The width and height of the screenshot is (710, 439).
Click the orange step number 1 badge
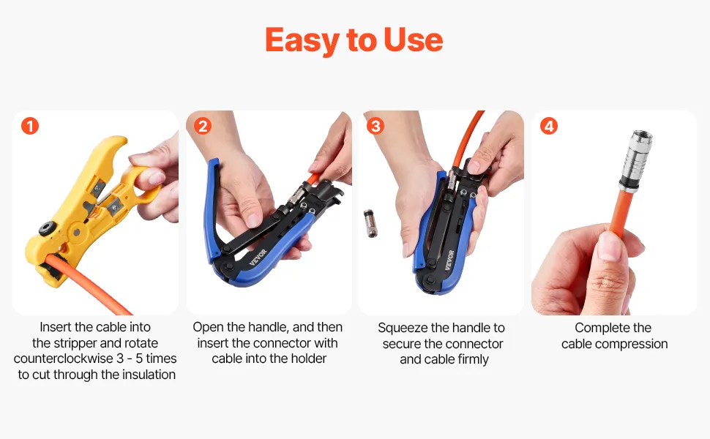tap(30, 126)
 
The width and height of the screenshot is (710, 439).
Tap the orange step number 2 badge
tap(203, 126)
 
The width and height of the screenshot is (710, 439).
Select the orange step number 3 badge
tap(375, 126)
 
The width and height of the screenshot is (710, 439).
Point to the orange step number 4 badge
tap(549, 126)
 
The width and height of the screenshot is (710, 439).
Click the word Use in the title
tap(413, 40)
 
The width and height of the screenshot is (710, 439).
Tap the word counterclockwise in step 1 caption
tap(64, 359)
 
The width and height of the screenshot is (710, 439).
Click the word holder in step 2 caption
tap(308, 359)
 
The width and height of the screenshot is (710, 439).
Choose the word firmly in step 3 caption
tap(473, 359)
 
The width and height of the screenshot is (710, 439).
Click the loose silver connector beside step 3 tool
tap(370, 223)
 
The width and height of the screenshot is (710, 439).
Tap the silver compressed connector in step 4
tap(635, 160)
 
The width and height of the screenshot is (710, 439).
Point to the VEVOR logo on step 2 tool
tap(258, 257)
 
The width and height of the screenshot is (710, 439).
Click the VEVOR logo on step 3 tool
tap(449, 260)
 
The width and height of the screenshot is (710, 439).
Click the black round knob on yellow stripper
tap(47, 228)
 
